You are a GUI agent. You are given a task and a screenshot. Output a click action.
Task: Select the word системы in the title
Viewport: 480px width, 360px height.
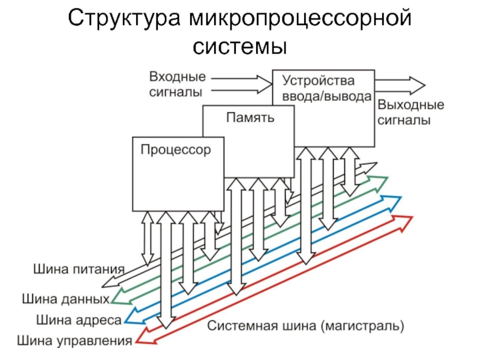[x=240, y=46]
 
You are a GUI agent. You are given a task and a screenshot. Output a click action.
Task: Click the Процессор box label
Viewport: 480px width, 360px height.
[x=176, y=149]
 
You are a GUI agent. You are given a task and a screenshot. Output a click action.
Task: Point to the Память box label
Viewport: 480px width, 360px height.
[x=250, y=118]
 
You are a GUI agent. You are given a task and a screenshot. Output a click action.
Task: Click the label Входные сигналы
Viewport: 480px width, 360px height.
[x=177, y=84]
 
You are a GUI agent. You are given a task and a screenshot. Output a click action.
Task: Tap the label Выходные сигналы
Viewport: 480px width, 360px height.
[x=410, y=112]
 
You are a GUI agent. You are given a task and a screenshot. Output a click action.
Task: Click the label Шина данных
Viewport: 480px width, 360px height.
[x=65, y=298]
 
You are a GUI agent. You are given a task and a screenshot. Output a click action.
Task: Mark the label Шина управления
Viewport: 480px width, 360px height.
[x=74, y=342]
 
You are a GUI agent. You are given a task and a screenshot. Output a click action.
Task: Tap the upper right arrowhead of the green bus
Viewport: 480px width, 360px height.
[x=382, y=181]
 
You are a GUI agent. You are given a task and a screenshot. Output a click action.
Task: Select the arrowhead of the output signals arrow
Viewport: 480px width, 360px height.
[x=418, y=83]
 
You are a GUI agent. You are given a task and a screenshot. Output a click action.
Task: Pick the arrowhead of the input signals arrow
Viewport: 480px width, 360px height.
[x=265, y=83]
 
